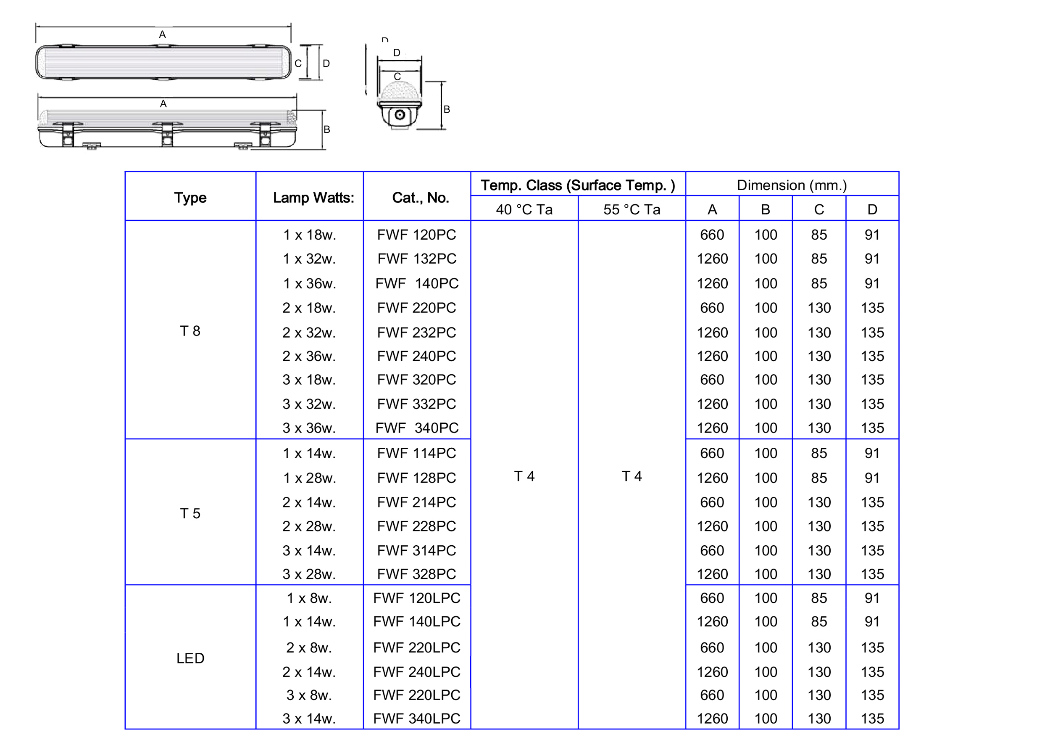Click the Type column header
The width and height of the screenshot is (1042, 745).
190,198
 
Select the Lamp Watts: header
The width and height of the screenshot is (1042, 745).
313,198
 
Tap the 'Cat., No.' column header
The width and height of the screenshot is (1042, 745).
420,198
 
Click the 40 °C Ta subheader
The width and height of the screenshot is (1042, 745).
524,210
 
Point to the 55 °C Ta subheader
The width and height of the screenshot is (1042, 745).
631,210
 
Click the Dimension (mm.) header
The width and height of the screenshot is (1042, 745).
791,185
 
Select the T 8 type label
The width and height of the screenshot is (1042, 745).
190,331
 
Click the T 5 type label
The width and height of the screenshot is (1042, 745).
190,513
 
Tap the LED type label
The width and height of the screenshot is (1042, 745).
190,658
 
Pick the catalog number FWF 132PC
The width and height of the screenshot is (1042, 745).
416,259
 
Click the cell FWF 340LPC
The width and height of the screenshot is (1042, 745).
416,719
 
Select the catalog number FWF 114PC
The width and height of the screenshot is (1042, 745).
416,453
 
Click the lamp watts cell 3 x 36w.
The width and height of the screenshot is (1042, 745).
308,428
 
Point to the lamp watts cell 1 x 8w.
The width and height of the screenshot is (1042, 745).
308,598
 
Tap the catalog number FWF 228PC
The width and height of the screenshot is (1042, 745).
416,526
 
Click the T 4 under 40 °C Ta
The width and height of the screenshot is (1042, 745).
524,476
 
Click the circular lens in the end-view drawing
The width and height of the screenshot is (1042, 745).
399,115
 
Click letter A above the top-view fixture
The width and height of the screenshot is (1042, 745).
162,34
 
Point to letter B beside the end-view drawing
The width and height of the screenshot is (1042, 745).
447,110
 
